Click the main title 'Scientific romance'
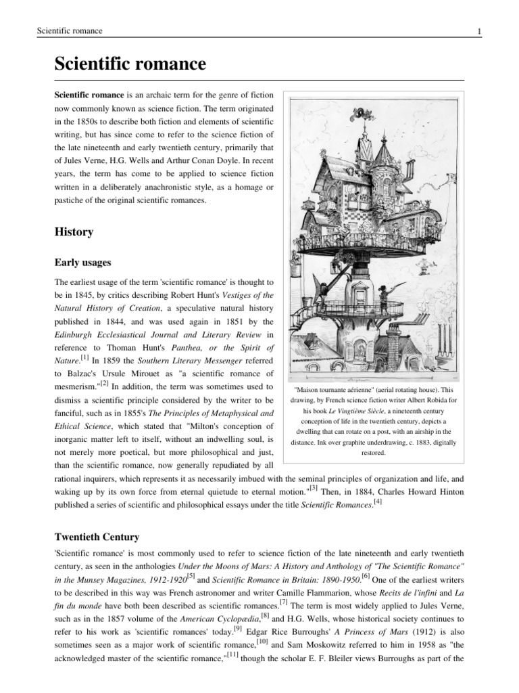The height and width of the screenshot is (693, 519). pos(129,65)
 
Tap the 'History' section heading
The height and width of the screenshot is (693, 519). pos(74,231)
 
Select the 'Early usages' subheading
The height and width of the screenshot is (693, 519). pos(83,263)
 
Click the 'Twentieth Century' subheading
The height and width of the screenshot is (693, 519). pos(97,537)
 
